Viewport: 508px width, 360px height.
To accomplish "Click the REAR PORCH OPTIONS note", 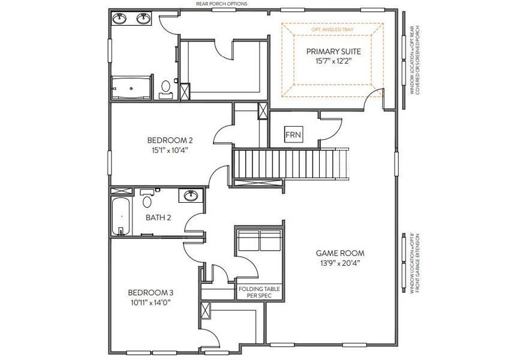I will tap(221, 4).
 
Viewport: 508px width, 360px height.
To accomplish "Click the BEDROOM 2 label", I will tap(170, 140).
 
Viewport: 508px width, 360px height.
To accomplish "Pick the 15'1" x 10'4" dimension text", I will tap(170, 151).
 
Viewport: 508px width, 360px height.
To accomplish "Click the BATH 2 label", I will tap(158, 217).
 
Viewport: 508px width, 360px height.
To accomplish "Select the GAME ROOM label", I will tap(341, 253).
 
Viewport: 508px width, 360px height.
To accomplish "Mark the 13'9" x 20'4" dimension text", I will tap(341, 263).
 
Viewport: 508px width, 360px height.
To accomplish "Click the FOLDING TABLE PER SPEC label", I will tap(259, 292).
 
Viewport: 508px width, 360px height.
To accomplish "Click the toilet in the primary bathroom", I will tap(166, 89).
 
